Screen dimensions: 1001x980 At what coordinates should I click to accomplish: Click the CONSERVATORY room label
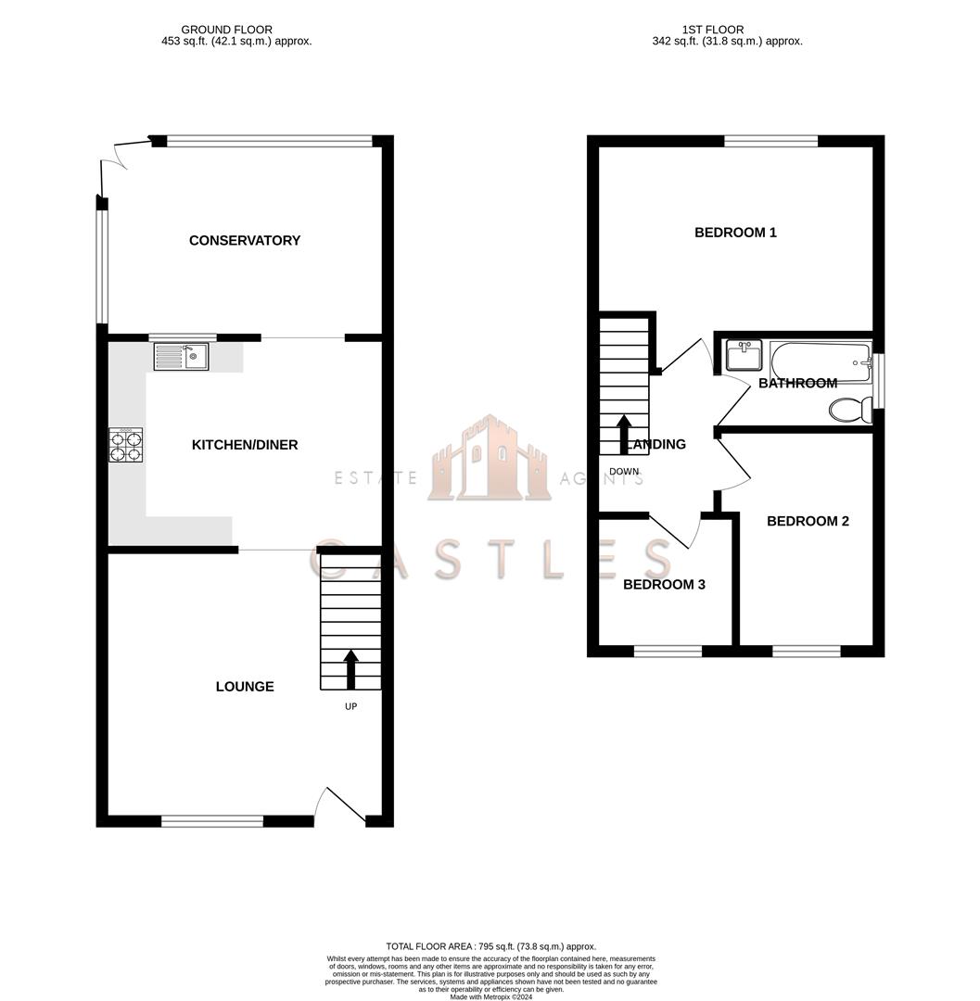[x=245, y=240]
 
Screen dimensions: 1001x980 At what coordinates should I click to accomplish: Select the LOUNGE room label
[x=245, y=687]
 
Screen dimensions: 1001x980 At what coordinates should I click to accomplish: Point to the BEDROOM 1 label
[x=735, y=233]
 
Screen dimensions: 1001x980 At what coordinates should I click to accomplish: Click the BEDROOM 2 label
[x=808, y=521]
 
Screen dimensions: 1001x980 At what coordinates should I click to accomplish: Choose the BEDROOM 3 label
[x=664, y=585]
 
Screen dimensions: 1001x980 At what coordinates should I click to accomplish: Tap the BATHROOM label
[x=797, y=383]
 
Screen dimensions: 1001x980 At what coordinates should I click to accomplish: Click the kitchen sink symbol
[x=182, y=357]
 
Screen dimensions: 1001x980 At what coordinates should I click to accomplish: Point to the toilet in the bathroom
[x=848, y=409]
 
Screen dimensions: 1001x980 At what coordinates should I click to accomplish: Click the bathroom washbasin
[x=744, y=355]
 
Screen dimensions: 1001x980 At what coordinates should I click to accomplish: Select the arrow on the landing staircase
[x=623, y=433]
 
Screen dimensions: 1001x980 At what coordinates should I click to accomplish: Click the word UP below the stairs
[x=350, y=706]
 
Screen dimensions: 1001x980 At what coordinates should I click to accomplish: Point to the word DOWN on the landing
[x=624, y=472]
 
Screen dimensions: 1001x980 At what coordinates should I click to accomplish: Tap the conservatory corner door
[x=116, y=167]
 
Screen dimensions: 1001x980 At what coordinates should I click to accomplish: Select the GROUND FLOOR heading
[x=227, y=30]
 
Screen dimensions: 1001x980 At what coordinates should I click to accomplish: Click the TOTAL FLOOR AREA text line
[x=490, y=946]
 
